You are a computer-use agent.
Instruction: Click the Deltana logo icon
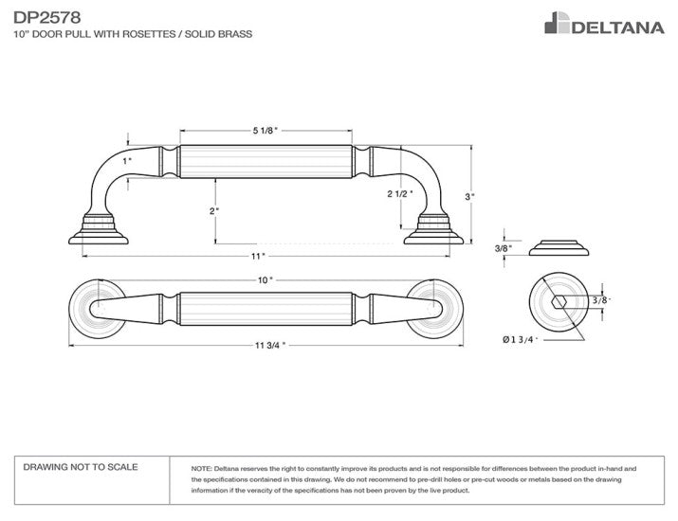555,23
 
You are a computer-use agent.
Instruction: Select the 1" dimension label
126,161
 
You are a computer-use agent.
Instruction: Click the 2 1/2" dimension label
400,193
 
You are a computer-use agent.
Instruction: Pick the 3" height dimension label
469,196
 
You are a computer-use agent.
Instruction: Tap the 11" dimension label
257,257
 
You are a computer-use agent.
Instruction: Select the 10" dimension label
265,279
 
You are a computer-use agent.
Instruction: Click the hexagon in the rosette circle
559,301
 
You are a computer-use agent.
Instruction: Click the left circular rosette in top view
95,308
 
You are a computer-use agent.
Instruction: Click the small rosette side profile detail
559,249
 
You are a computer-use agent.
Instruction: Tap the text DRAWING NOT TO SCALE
81,467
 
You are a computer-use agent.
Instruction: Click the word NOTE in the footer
201,468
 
